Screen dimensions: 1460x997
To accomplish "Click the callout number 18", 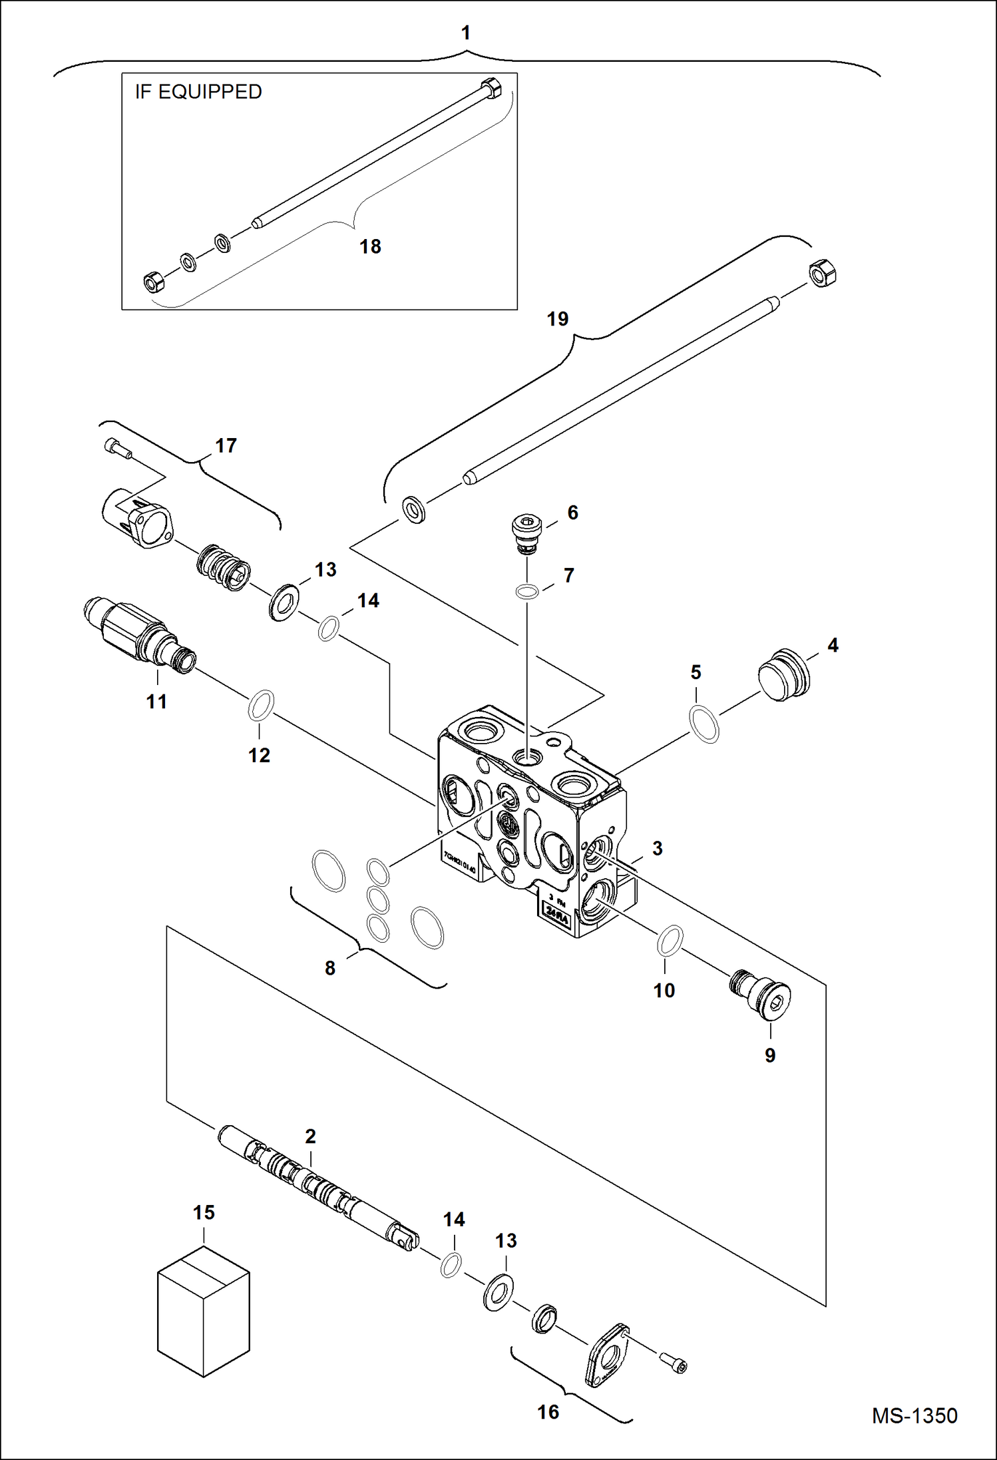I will (x=370, y=247).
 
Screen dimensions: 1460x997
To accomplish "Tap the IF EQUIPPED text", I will (x=198, y=92).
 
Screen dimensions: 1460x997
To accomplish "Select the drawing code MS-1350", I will (x=914, y=1415).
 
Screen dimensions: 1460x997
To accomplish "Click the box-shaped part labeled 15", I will (x=203, y=1312).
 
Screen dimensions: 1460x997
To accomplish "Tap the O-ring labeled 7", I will (x=527, y=591).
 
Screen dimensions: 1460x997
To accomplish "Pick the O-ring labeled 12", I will (x=260, y=705).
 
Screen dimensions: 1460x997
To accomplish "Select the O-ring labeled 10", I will (x=670, y=940).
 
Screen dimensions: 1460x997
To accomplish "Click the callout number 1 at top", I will (x=466, y=33).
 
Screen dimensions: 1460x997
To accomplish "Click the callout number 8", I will (x=330, y=969).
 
